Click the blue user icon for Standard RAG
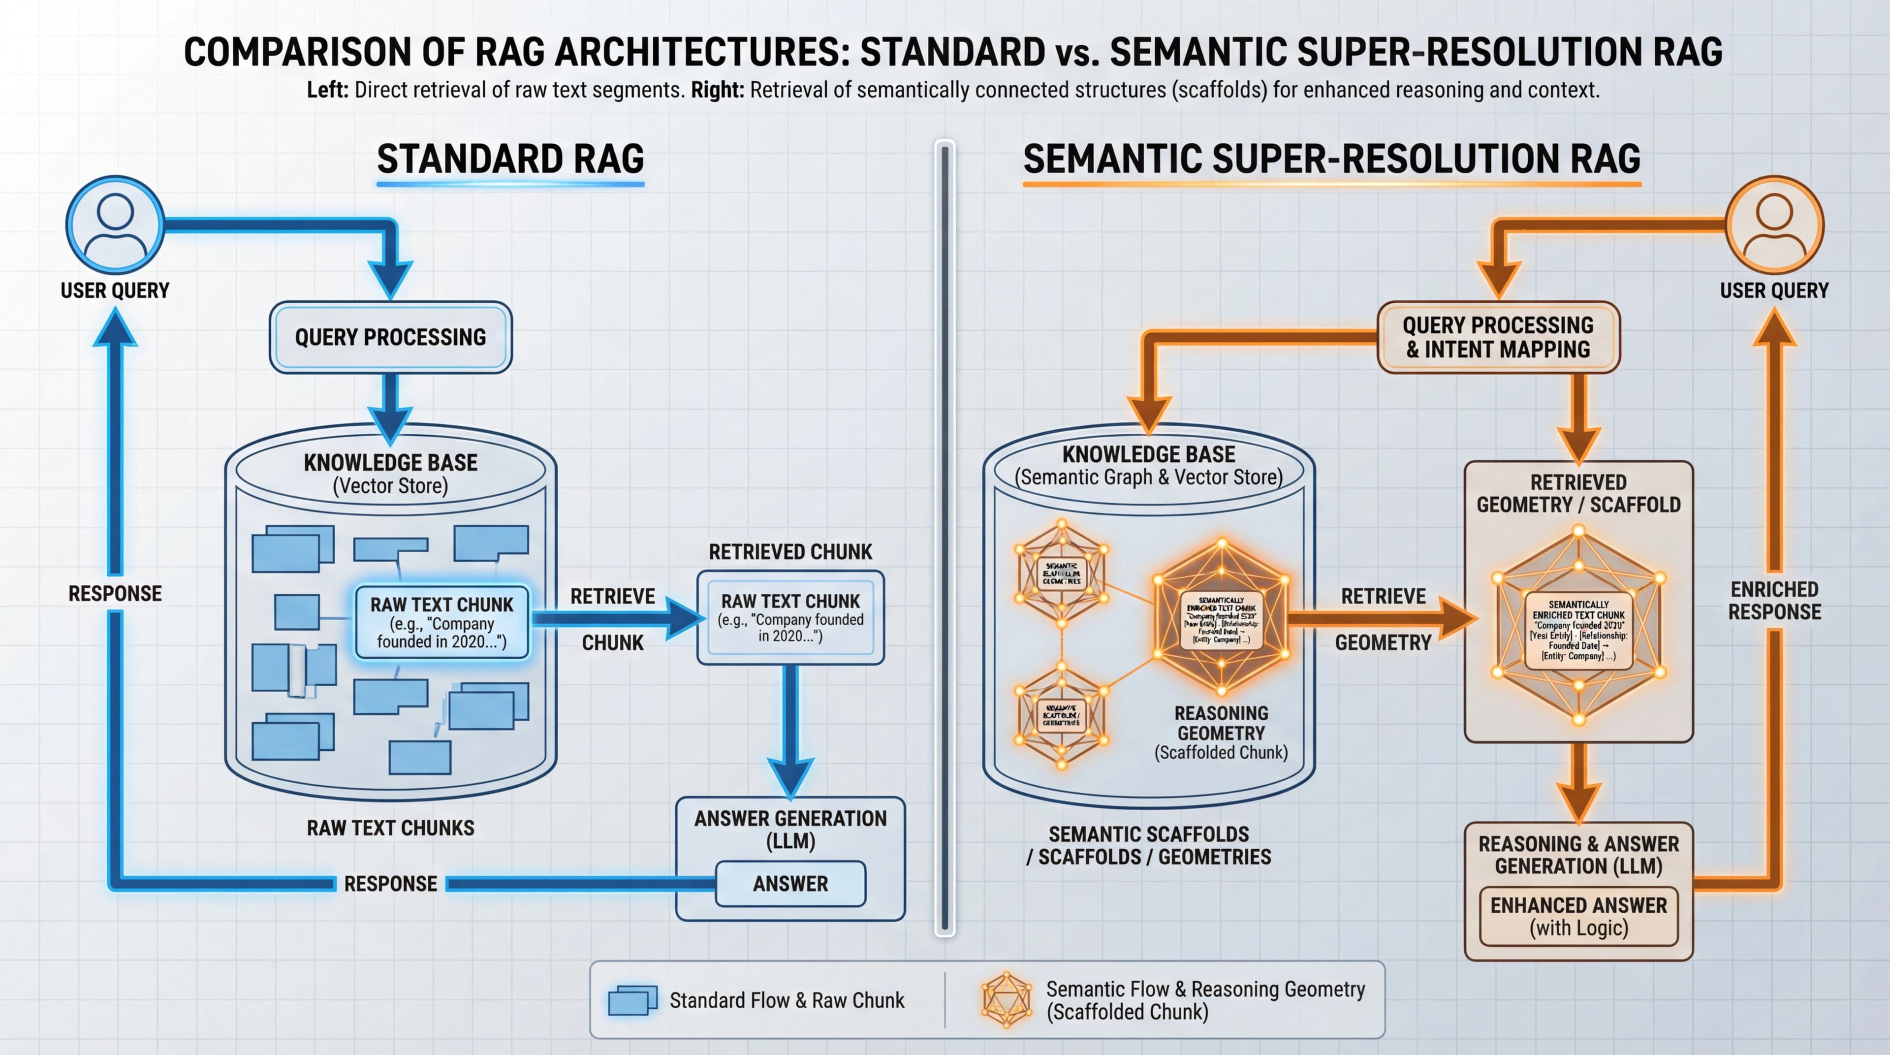click(x=115, y=224)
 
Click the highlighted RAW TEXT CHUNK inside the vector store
click(x=441, y=623)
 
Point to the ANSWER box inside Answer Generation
click(x=790, y=883)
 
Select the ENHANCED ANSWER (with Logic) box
click(x=1578, y=916)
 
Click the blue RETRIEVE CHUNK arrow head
click(x=686, y=618)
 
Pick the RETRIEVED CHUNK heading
click(x=790, y=552)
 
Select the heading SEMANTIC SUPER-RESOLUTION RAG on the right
click(x=1332, y=159)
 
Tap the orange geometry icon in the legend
click(x=1006, y=1000)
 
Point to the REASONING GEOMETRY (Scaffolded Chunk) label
click(x=1221, y=732)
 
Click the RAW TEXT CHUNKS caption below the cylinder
click(x=390, y=828)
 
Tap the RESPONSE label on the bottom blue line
click(x=390, y=883)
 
